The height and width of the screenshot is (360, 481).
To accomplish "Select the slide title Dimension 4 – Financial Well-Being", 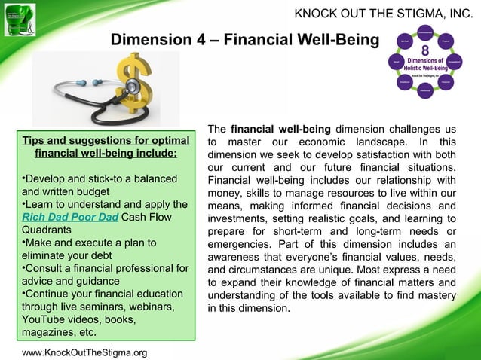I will coord(245,39).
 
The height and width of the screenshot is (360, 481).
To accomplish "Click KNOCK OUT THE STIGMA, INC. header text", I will coord(383,14).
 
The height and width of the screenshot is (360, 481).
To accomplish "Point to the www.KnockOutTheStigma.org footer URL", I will coord(84,352).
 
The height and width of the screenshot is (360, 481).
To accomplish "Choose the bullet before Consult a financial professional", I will coord(23,269).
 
